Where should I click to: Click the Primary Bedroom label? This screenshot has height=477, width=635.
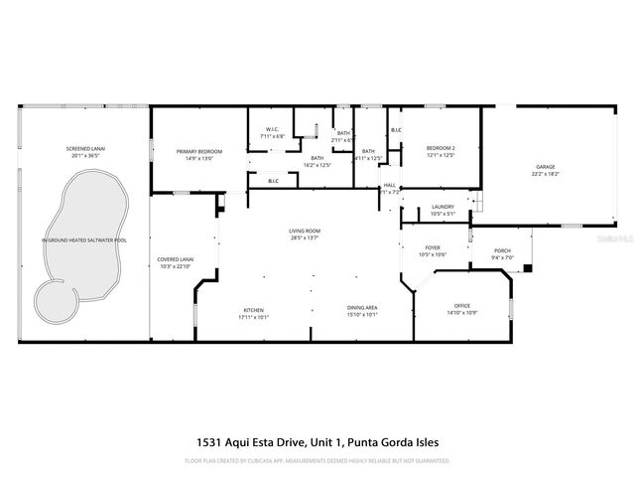pos(199,151)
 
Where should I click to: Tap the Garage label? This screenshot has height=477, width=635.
pos(546,166)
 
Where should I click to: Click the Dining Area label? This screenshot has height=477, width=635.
pos(361,308)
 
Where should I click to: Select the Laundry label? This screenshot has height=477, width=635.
pos(443,207)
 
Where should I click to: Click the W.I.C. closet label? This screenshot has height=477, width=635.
pos(272,129)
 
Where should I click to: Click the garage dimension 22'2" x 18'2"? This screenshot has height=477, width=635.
pos(546,173)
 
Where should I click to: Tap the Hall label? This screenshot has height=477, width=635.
pos(390,185)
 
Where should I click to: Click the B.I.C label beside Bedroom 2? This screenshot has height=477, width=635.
pos(396,130)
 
